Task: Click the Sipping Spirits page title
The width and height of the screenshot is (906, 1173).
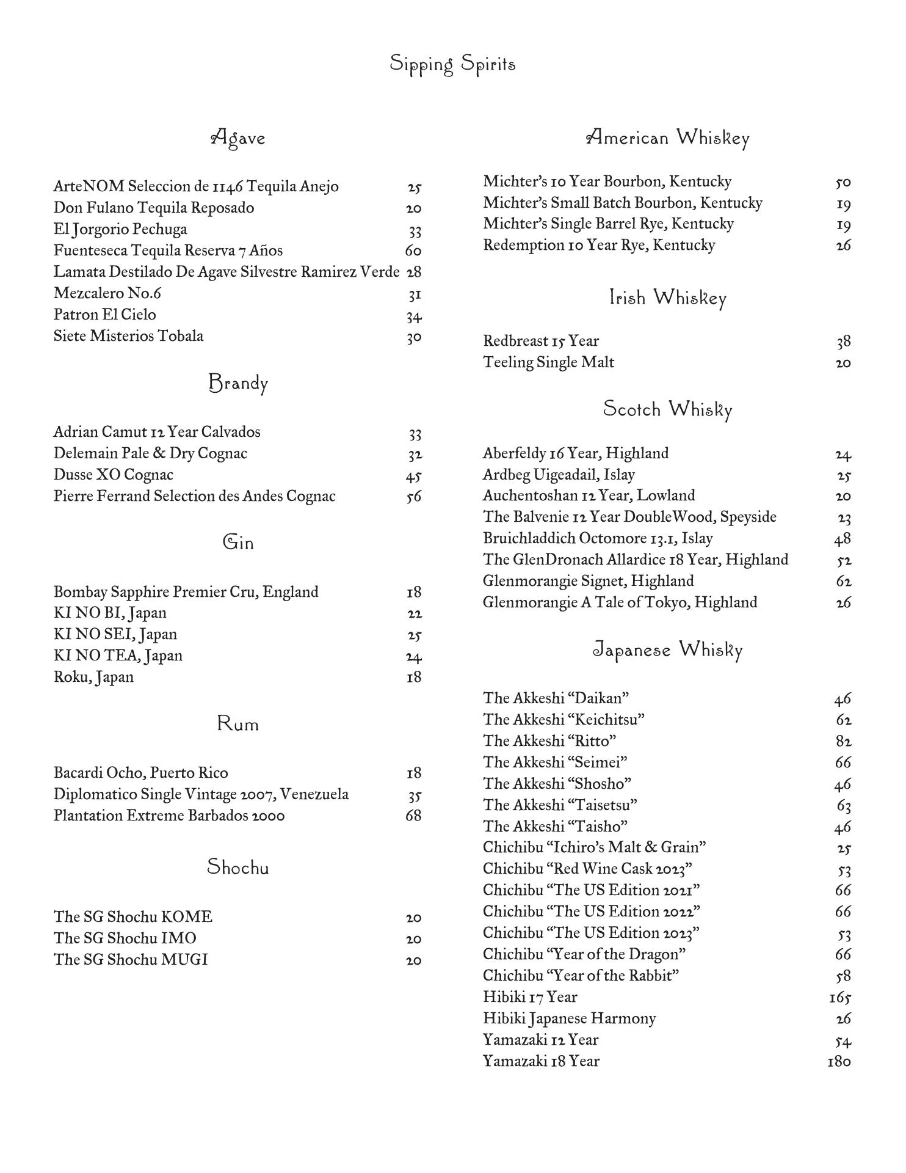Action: (452, 64)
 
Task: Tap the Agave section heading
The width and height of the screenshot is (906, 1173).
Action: (238, 138)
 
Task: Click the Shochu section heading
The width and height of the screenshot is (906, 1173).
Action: (237, 867)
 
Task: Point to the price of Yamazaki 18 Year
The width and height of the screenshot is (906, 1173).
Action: (839, 1061)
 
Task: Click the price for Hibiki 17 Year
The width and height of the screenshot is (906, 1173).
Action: (840, 997)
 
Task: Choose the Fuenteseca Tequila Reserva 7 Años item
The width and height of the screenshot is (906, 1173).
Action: (168, 250)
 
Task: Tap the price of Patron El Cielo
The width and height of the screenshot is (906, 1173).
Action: (414, 316)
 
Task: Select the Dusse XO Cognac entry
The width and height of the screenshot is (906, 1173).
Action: (113, 475)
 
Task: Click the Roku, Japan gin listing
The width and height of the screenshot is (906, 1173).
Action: (93, 677)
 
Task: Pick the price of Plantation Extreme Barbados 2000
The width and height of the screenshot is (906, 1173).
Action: (413, 816)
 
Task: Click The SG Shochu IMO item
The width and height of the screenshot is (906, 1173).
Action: (125, 938)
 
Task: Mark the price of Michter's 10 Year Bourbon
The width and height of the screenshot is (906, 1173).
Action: (843, 182)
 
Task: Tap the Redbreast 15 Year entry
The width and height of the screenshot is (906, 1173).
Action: (540, 341)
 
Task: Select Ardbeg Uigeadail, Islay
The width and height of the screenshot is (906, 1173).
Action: (559, 475)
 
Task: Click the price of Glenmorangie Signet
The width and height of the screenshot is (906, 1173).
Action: (844, 581)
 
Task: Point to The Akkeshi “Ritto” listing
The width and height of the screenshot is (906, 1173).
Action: (549, 741)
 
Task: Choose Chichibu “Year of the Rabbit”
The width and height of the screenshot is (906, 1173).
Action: (581, 976)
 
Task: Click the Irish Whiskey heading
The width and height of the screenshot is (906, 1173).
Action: (667, 298)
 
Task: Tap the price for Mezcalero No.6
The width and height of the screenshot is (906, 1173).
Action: (415, 294)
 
